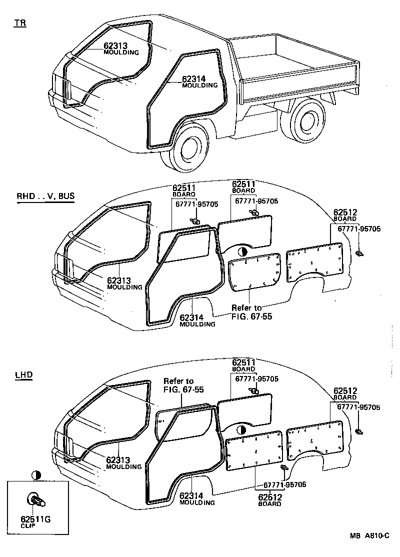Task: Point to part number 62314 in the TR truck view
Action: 194,78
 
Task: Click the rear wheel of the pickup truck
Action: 303,120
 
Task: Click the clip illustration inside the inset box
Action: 35,499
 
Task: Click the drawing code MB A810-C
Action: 369,535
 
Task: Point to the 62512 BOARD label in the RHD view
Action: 345,214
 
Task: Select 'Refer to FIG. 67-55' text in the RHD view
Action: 251,312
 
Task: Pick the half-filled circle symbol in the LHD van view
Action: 241,429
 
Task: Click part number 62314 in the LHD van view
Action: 191,495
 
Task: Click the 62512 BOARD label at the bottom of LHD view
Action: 270,499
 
